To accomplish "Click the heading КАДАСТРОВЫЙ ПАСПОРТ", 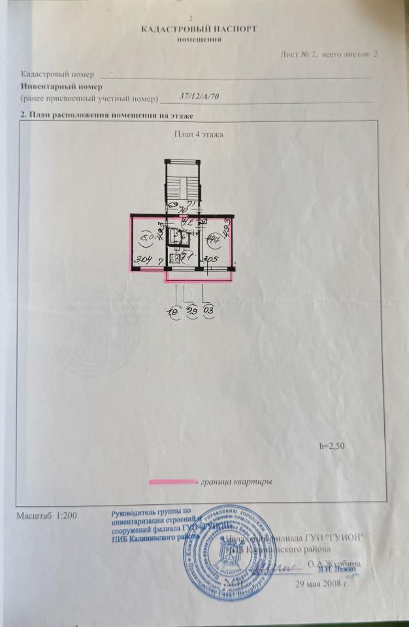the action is (199, 29).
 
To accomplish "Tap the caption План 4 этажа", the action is (199, 135).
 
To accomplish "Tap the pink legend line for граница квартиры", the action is (173, 482).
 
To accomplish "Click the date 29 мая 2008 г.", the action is (322, 583).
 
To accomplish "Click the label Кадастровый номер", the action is (57, 75).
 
